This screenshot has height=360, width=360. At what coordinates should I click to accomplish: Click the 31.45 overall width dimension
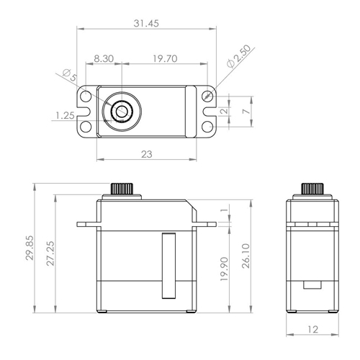pyautogui.click(x=146, y=23)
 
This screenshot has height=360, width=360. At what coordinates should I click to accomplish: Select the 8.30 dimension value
pyautogui.click(x=104, y=58)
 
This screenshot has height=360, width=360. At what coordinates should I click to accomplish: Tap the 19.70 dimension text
pyautogui.click(x=165, y=58)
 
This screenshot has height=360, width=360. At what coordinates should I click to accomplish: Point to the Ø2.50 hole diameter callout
pyautogui.click(x=238, y=57)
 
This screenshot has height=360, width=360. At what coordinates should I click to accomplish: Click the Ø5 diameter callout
pyautogui.click(x=70, y=75)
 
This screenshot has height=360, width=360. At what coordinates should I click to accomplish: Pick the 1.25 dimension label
pyautogui.click(x=65, y=116)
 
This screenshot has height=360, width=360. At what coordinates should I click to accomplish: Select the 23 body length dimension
pyautogui.click(x=146, y=154)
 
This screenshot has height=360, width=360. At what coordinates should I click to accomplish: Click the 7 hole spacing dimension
pyautogui.click(x=246, y=112)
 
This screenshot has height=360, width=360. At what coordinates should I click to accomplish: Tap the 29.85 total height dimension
pyautogui.click(x=30, y=248)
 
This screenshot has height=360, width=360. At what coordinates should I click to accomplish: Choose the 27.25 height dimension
pyautogui.click(x=50, y=253)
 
